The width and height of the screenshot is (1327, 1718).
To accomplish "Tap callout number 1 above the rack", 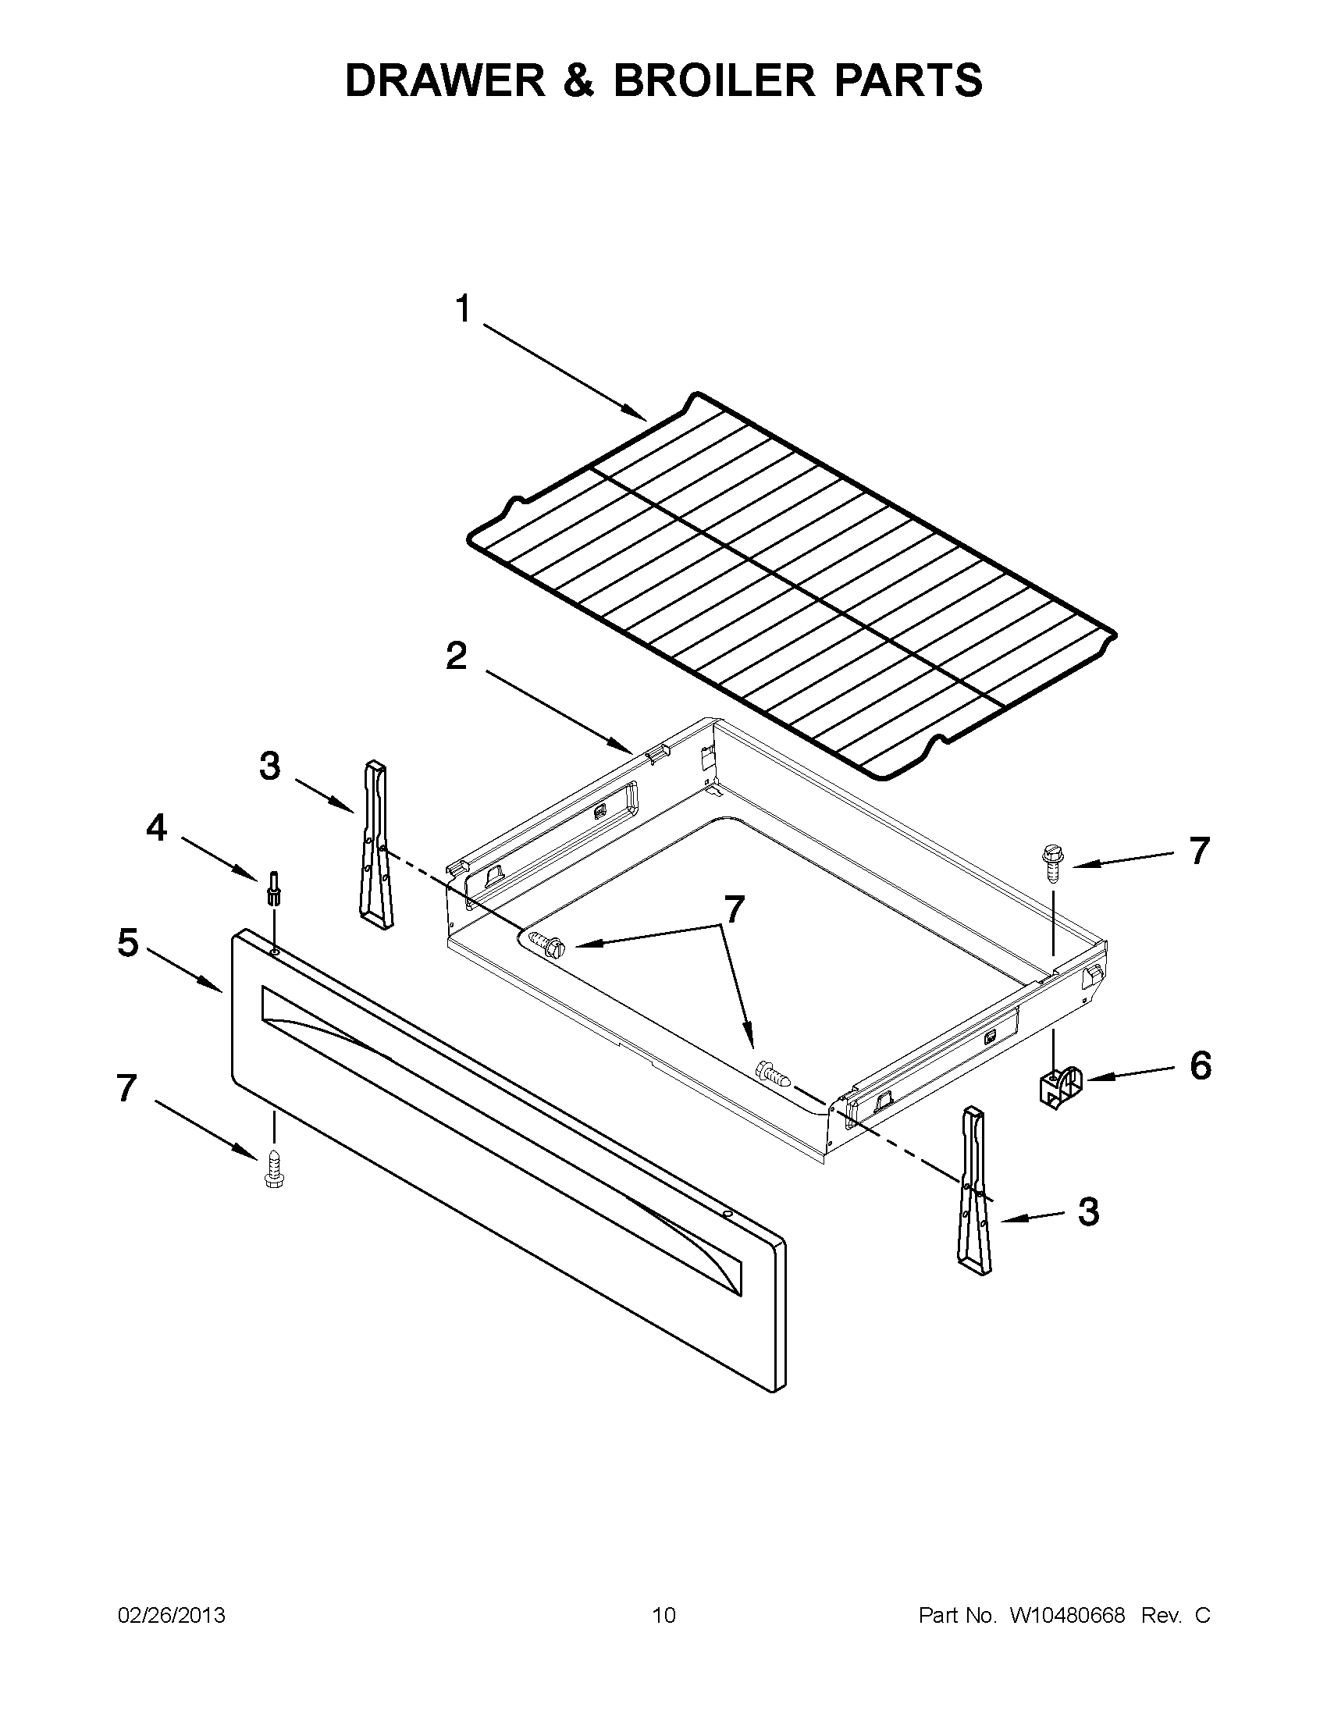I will (464, 309).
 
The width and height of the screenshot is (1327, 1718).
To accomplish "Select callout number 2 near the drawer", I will (456, 656).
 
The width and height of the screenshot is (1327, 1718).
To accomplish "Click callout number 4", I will (157, 827).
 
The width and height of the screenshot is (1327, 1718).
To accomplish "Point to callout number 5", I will (127, 942).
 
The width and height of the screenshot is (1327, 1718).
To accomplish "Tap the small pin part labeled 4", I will (274, 888).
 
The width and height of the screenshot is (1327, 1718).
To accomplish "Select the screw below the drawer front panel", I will (274, 1168).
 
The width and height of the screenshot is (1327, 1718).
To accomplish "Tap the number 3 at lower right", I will (1088, 1212).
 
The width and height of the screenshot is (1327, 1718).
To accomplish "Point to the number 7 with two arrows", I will (733, 909).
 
